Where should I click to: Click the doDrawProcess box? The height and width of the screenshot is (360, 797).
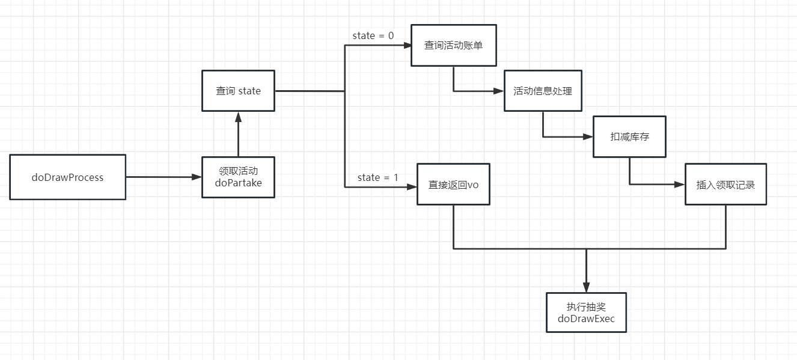pos(67,177)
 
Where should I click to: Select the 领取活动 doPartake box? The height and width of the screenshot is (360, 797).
pos(238,177)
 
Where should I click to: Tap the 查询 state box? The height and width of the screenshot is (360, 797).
pos(238,91)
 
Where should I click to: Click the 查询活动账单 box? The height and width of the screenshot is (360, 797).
pos(453,45)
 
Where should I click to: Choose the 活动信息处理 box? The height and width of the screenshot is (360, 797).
pos(543,91)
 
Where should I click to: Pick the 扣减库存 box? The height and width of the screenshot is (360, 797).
pos(629,136)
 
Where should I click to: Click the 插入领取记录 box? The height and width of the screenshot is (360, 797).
pos(725,185)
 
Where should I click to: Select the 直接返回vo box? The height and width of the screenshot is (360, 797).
pos(453,185)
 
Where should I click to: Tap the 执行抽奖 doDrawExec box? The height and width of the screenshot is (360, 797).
pos(586,313)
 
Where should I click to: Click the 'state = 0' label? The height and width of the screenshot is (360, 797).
pos(373,35)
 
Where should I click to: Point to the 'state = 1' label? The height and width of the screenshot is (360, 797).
pos(377,177)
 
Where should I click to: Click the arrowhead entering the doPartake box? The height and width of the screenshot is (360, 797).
pos(197,177)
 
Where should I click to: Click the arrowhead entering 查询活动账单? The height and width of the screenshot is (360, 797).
pos(406,45)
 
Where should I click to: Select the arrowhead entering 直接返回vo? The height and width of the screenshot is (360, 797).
pos(412,187)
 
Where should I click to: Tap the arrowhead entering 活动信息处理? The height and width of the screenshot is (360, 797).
pos(499,91)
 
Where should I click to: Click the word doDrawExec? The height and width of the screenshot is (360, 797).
pos(586,319)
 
